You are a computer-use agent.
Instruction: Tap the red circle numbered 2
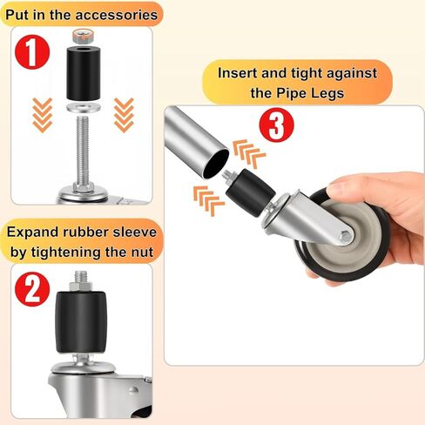32,288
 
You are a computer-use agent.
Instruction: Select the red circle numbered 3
275,126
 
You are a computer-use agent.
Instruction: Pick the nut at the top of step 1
85,36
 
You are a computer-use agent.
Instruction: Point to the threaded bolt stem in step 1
85,148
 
